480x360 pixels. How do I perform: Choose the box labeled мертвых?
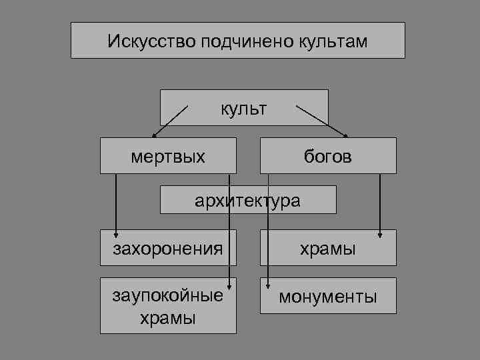tap(168, 156)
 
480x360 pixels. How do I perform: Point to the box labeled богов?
tap(328, 156)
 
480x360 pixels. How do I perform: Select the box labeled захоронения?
tap(168, 249)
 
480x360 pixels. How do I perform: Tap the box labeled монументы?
tap(328, 295)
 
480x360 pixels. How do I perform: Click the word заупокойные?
tap(168, 295)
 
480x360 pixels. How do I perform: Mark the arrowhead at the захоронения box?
tap(116, 233)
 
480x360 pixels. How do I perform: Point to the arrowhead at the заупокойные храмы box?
tap(230, 283)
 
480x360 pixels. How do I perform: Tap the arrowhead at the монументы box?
tap(268, 283)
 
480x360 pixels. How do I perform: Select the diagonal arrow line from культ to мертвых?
tap(172, 120)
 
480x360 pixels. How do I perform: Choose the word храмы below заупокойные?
tap(168, 317)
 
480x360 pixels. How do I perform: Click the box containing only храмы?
tap(328, 249)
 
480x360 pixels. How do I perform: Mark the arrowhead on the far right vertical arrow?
tap(380, 233)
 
